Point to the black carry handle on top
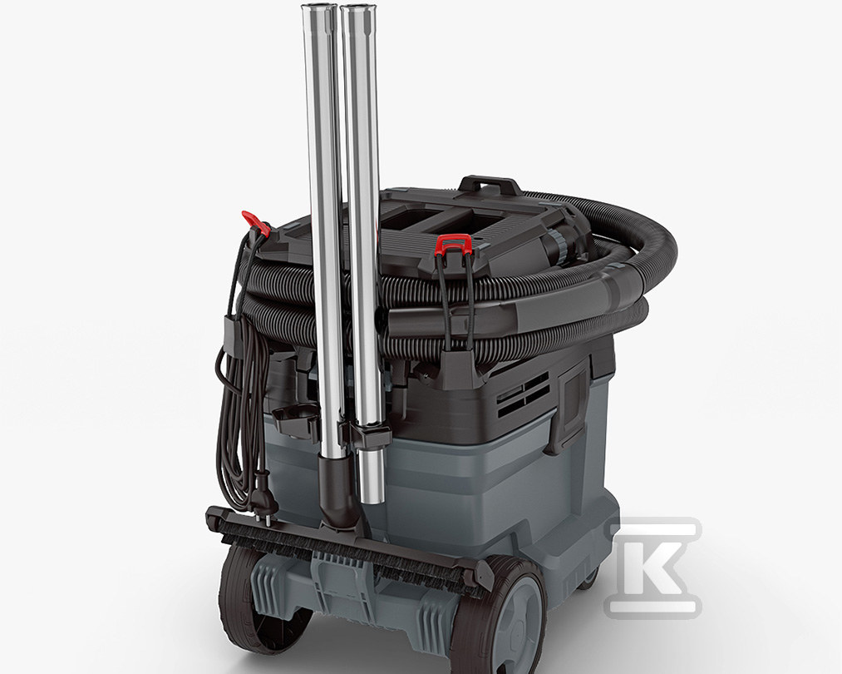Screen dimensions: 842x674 click(x=490, y=185)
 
